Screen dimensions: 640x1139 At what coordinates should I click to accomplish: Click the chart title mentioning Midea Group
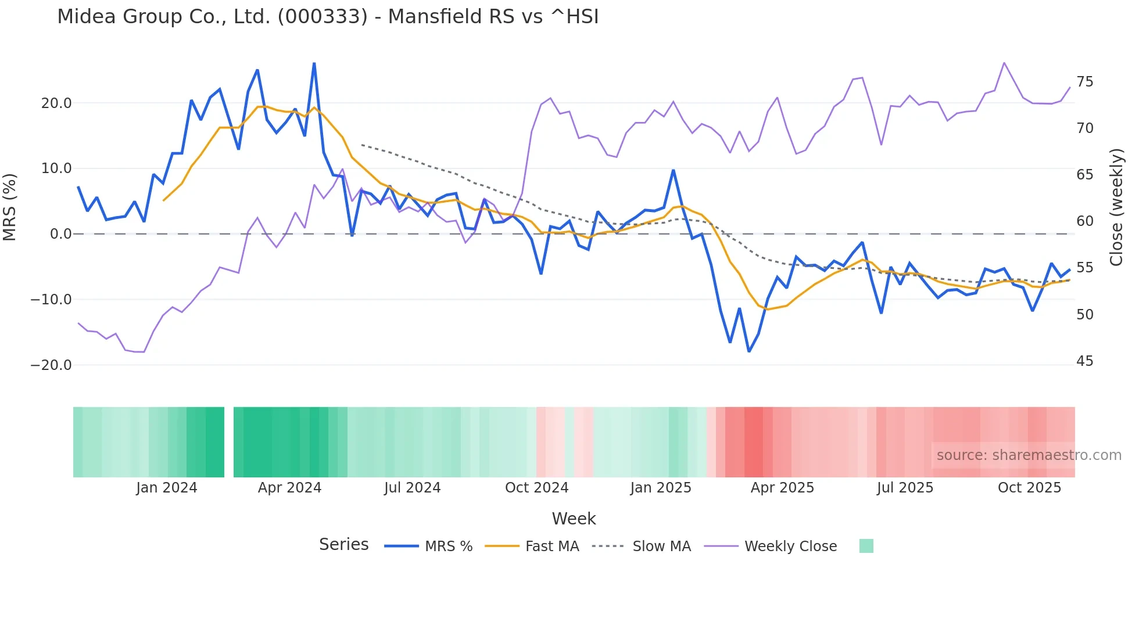328,17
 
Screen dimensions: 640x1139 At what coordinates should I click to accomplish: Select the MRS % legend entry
448,546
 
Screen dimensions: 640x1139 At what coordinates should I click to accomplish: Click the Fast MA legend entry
551,546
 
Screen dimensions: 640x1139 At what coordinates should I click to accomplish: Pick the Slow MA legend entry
661,546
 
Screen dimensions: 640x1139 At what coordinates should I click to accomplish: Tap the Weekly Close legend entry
790,546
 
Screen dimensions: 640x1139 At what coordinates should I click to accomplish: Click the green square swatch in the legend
866,546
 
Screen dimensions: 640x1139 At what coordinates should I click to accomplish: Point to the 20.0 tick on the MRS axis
56,103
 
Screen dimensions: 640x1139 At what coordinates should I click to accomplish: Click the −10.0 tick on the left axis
51,300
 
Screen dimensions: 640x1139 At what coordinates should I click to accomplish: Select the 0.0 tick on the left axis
61,234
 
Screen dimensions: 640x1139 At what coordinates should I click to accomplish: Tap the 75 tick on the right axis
1084,82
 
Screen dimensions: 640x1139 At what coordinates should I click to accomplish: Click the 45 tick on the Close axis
1084,361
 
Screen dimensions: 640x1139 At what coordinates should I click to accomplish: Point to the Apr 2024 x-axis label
289,488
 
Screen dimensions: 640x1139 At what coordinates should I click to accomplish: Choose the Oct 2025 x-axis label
1029,488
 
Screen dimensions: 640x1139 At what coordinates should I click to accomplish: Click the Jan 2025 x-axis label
661,488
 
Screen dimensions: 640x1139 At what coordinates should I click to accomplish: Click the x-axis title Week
574,519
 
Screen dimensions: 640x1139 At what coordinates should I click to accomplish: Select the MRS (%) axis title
10,207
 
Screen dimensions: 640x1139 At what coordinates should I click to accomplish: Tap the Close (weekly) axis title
1116,207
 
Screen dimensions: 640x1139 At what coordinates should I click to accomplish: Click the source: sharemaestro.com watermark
1029,455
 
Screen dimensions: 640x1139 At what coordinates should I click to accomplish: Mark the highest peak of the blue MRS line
314,63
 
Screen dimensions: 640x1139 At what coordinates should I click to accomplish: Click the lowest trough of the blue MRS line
749,351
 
